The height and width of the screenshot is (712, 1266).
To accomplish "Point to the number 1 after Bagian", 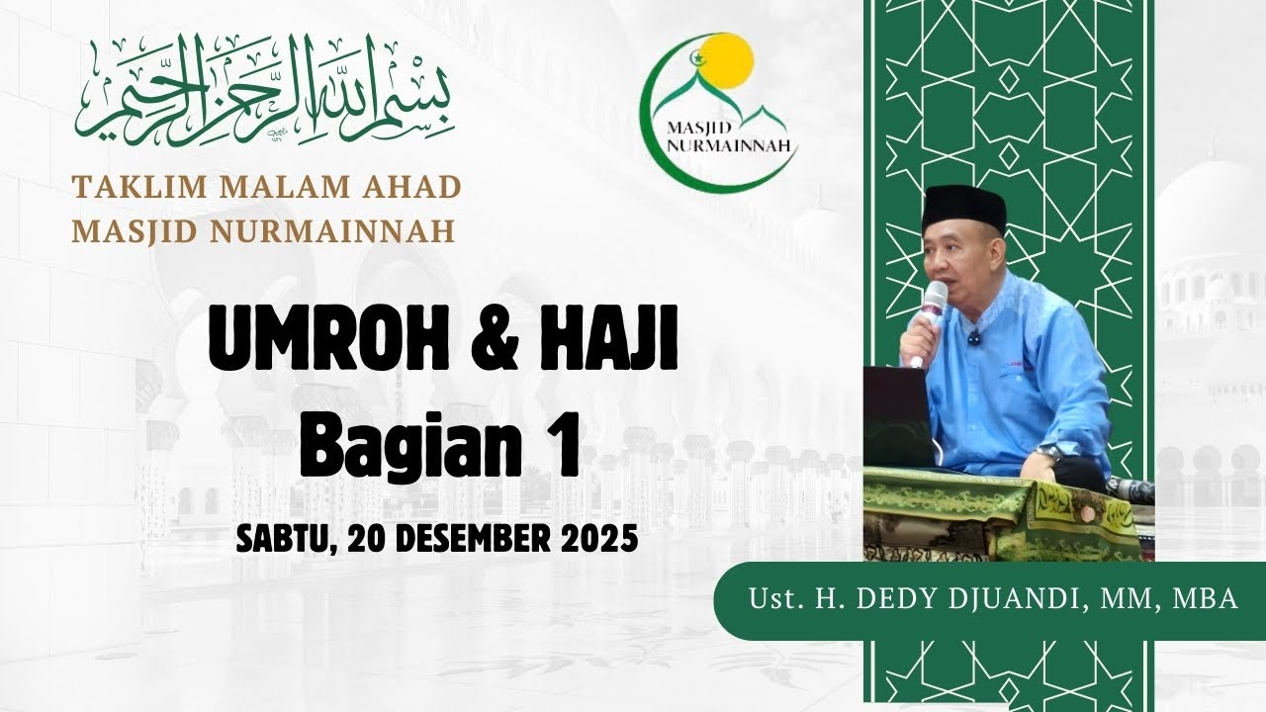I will click(x=561, y=446).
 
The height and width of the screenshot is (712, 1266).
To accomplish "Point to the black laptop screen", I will click(x=896, y=415).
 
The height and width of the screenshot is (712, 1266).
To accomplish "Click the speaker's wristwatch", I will click(x=1049, y=453).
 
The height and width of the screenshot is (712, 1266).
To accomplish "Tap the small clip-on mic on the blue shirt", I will click(x=974, y=338).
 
